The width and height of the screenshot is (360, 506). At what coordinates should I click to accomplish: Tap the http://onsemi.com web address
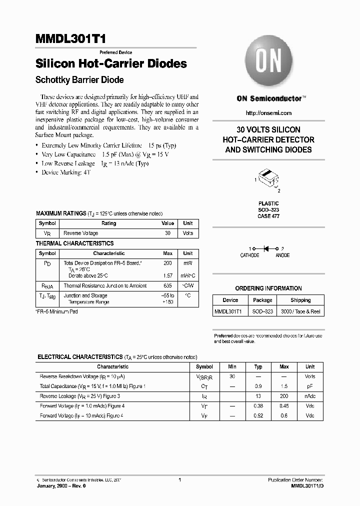point(269,113)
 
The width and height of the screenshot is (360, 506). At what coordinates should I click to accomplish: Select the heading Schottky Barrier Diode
point(79,80)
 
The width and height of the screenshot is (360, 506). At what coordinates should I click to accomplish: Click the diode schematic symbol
point(266,248)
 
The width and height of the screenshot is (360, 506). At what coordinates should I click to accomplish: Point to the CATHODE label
point(250,255)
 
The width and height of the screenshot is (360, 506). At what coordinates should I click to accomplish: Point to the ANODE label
point(282,255)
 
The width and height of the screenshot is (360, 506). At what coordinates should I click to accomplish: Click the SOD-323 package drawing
point(268,179)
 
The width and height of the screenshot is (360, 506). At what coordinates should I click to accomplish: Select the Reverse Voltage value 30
point(167,233)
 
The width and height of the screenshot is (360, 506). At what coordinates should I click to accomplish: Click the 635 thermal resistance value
point(167,286)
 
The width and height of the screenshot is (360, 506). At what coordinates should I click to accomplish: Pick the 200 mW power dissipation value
point(167,262)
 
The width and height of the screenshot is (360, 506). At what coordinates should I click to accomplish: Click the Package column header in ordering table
point(262,300)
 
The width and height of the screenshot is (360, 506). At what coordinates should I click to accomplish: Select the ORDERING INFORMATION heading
point(268,288)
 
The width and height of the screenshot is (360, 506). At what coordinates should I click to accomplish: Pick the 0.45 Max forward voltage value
point(284,406)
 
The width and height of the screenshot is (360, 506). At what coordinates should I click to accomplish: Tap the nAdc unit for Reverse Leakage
point(310,396)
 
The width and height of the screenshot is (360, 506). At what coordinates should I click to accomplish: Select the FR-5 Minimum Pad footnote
point(56,311)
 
